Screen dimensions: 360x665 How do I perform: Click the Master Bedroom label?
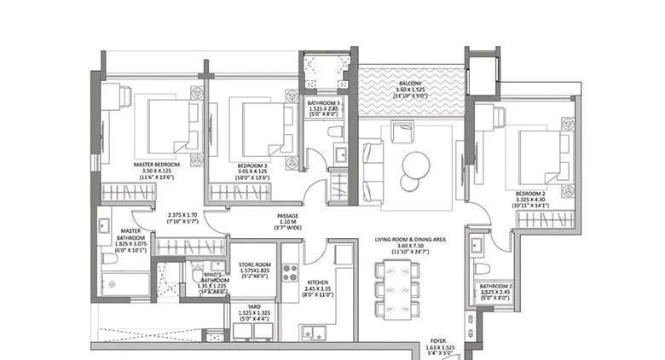click(x=156, y=163)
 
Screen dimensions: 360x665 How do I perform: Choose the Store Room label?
click(x=253, y=265)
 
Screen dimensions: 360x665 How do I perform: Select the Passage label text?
click(x=286, y=217)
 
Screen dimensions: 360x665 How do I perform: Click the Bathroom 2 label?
click(x=495, y=287)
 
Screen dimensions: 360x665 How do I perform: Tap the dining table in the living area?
click(x=398, y=289)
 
